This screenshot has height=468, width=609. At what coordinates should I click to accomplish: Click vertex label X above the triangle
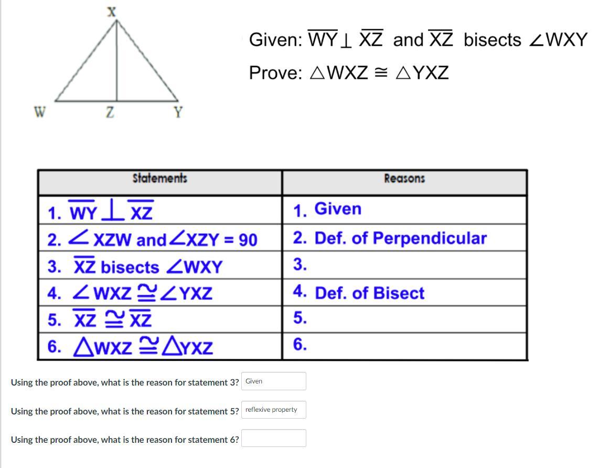(x=112, y=12)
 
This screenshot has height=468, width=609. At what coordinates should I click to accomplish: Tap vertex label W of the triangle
(x=40, y=112)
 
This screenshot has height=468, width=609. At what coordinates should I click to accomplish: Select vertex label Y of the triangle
(x=178, y=112)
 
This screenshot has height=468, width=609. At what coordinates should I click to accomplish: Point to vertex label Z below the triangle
(x=110, y=112)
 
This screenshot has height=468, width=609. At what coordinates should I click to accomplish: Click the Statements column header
(x=159, y=178)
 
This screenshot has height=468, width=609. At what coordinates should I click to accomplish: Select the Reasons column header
(x=404, y=179)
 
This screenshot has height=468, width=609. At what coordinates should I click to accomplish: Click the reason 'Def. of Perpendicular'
(x=400, y=238)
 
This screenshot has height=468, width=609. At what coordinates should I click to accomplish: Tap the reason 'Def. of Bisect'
(x=369, y=293)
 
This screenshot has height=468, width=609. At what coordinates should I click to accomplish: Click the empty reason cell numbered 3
(x=404, y=265)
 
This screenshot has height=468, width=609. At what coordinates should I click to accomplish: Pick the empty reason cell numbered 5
(x=404, y=319)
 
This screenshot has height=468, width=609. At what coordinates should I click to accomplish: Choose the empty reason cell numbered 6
(x=404, y=346)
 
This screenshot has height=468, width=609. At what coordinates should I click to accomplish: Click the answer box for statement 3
(x=274, y=381)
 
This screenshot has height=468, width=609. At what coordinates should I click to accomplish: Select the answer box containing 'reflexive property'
(x=274, y=410)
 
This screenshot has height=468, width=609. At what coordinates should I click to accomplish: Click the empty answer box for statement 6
(x=274, y=439)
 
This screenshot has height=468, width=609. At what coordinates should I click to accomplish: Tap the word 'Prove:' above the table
(x=275, y=73)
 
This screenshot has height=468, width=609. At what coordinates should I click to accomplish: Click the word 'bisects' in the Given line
(x=492, y=40)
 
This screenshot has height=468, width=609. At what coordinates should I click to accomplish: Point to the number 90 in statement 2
(x=248, y=240)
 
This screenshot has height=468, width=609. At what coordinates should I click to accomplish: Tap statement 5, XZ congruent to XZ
(x=100, y=319)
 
